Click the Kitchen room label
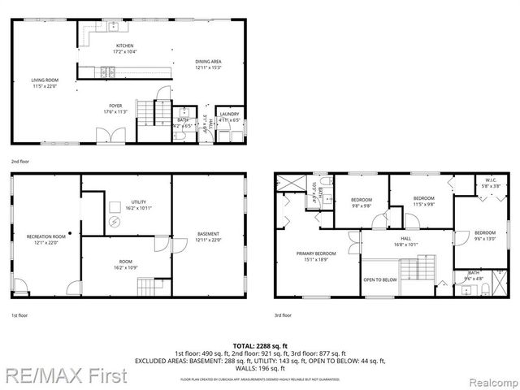pos(124,48)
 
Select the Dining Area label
pos(208,63)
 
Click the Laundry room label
pos(229,117)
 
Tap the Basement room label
pos(209,236)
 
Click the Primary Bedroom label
pos(314,257)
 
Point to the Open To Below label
pos(379,279)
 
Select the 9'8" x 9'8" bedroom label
pos(361,202)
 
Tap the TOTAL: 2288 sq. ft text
pos(260,345)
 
